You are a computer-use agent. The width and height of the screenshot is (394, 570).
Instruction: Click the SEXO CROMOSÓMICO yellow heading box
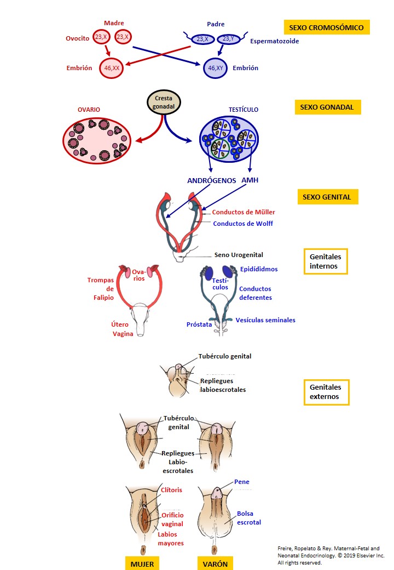pos(327,27)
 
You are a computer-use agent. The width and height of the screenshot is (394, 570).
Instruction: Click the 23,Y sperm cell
pos(229,39)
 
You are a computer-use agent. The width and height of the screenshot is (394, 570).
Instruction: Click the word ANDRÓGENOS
pos(211,180)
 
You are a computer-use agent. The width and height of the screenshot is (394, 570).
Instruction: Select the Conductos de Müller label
pos(244,212)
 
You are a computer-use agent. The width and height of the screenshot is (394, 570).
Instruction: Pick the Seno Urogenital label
pos(238,255)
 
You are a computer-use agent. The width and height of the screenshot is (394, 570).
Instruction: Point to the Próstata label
pos(199,324)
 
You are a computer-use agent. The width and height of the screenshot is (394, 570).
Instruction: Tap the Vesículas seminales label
pos(266,320)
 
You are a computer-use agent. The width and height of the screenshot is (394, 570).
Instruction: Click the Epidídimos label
pos(259,269)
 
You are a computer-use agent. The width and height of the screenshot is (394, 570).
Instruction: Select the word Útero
pos(120,324)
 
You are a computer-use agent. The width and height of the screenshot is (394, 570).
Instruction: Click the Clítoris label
pos(172,490)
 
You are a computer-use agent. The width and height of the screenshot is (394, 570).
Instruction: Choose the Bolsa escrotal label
pos(249,518)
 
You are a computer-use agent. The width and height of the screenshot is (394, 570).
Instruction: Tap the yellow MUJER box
pos(142,563)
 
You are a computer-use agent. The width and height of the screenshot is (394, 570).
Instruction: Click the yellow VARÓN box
pos(214,563)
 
